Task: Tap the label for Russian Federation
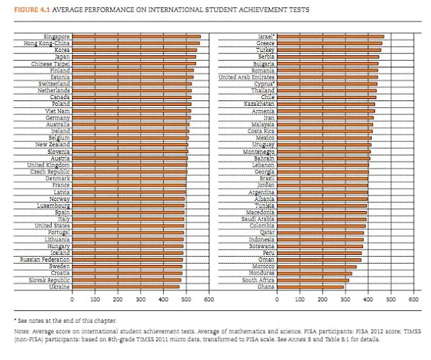[x=45, y=260]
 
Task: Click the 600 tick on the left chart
[x=208, y=299]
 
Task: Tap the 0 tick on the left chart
[x=72, y=299]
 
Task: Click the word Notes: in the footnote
[x=22, y=332]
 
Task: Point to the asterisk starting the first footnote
[x=15, y=320]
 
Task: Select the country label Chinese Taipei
[x=51, y=63]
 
